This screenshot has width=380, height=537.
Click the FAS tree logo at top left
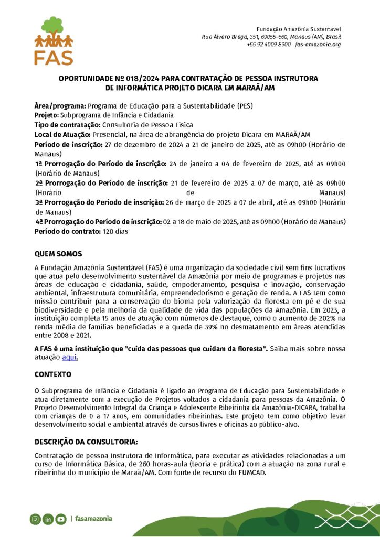tap(54, 40)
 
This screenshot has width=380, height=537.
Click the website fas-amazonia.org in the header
tap(318, 45)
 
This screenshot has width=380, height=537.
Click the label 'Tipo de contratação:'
tap(67, 125)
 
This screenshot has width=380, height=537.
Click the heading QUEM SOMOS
tap(58, 254)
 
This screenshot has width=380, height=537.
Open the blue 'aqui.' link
tap(70, 357)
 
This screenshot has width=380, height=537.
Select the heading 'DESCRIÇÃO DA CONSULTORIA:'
tap(86, 442)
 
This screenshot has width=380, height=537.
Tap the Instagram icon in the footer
tap(35, 519)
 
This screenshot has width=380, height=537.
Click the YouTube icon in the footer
tap(61, 519)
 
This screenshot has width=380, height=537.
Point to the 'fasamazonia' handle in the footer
tap(93, 519)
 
